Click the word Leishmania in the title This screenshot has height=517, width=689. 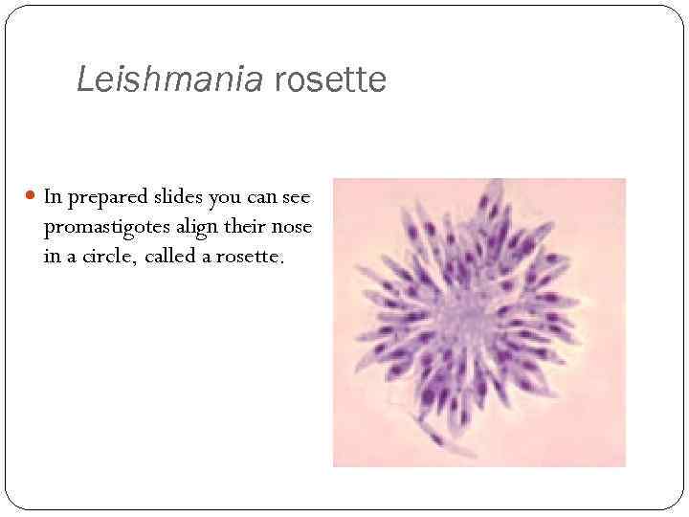[x=169, y=79]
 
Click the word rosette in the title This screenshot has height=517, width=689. [x=330, y=79]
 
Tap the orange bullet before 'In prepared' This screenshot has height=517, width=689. [x=32, y=198]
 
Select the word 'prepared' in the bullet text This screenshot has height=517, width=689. [x=104, y=197]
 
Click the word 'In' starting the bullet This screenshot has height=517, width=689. [x=53, y=197]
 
